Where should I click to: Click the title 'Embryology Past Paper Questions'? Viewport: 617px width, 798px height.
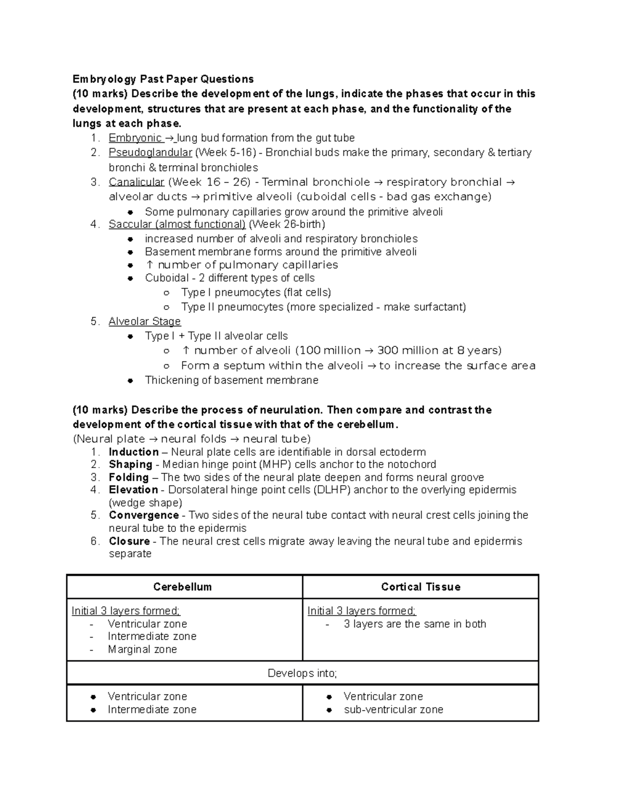[x=163, y=79]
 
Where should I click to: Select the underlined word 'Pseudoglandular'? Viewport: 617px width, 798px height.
[x=150, y=153]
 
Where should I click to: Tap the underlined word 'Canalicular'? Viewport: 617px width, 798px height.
[x=136, y=182]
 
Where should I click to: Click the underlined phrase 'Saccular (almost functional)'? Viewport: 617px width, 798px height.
[x=177, y=224]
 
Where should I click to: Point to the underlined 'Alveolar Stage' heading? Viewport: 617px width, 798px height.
[x=144, y=322]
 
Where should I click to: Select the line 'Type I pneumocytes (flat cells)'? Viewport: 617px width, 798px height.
[x=256, y=293]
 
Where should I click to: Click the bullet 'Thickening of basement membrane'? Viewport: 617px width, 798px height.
[x=231, y=380]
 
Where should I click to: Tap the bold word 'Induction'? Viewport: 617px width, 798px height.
[x=134, y=452]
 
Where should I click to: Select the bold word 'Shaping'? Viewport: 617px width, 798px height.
[x=130, y=465]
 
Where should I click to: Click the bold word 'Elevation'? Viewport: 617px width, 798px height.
[x=133, y=490]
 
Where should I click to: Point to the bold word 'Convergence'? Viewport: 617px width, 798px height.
[x=143, y=515]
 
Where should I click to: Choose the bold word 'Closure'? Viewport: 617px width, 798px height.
[x=129, y=542]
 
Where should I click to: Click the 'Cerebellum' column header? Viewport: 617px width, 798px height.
[x=183, y=587]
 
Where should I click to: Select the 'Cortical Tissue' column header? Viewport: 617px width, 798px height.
[x=421, y=587]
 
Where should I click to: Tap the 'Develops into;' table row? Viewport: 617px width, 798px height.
[x=302, y=674]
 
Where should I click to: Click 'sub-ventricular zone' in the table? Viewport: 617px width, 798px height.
[x=393, y=710]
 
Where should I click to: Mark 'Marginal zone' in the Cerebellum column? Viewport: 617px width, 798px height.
[x=142, y=649]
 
